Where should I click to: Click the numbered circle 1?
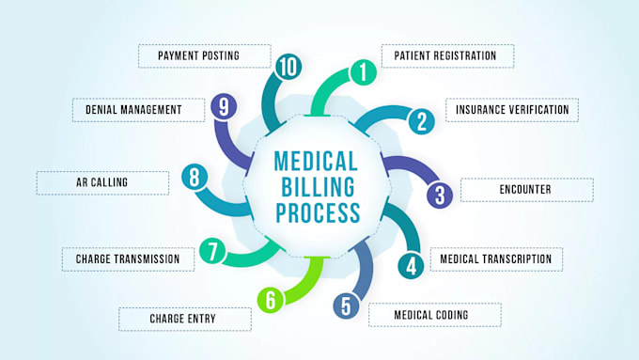pos(363,70)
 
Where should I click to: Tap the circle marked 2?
pos(422,120)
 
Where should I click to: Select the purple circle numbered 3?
pos(439,196)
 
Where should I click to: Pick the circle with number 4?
pos(410,265)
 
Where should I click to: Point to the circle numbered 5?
pos(346,305)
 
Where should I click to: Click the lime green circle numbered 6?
pos(271,300)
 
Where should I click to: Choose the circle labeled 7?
pos(213,252)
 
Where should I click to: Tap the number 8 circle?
pos(195,176)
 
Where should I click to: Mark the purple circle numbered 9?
pos(223,106)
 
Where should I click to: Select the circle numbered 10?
pos(288,65)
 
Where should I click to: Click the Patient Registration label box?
pos(446,55)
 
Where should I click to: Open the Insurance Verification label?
pos(511,110)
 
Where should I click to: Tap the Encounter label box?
pos(525,190)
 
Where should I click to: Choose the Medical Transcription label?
pos(496,258)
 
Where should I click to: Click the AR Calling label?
pos(102,182)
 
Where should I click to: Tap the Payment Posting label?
pos(198,55)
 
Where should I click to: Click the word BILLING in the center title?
pos(317,186)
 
